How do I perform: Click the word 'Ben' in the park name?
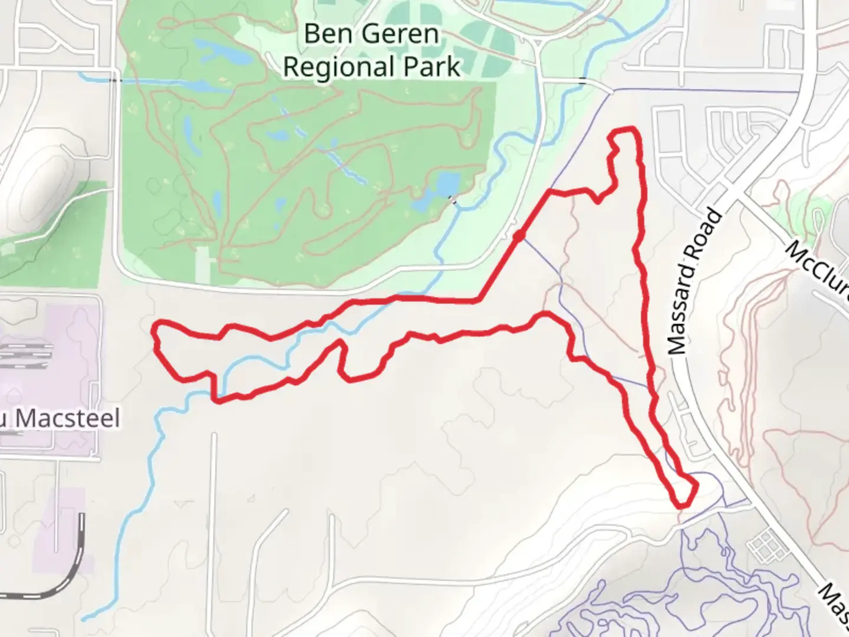(x=323, y=34)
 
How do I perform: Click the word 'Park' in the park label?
(x=432, y=67)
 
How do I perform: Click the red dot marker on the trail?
(x=519, y=236)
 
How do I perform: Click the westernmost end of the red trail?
(x=155, y=330)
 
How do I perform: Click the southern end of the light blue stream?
(x=85, y=619)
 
